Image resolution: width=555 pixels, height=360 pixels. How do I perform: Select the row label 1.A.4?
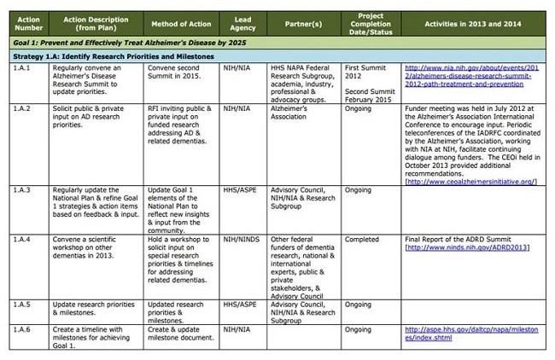click(x=20, y=236)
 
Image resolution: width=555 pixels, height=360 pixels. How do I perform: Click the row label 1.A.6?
click(x=20, y=331)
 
